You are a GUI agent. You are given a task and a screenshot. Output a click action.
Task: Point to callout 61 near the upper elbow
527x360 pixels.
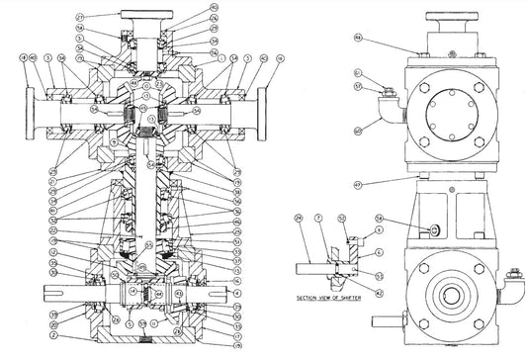click(x=358, y=72)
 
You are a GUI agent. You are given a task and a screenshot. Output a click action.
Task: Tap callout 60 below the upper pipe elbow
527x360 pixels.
click(x=358, y=130)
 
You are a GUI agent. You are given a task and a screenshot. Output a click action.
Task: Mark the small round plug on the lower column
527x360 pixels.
click(x=434, y=229)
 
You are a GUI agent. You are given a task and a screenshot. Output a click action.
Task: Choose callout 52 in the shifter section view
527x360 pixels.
click(x=341, y=218)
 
